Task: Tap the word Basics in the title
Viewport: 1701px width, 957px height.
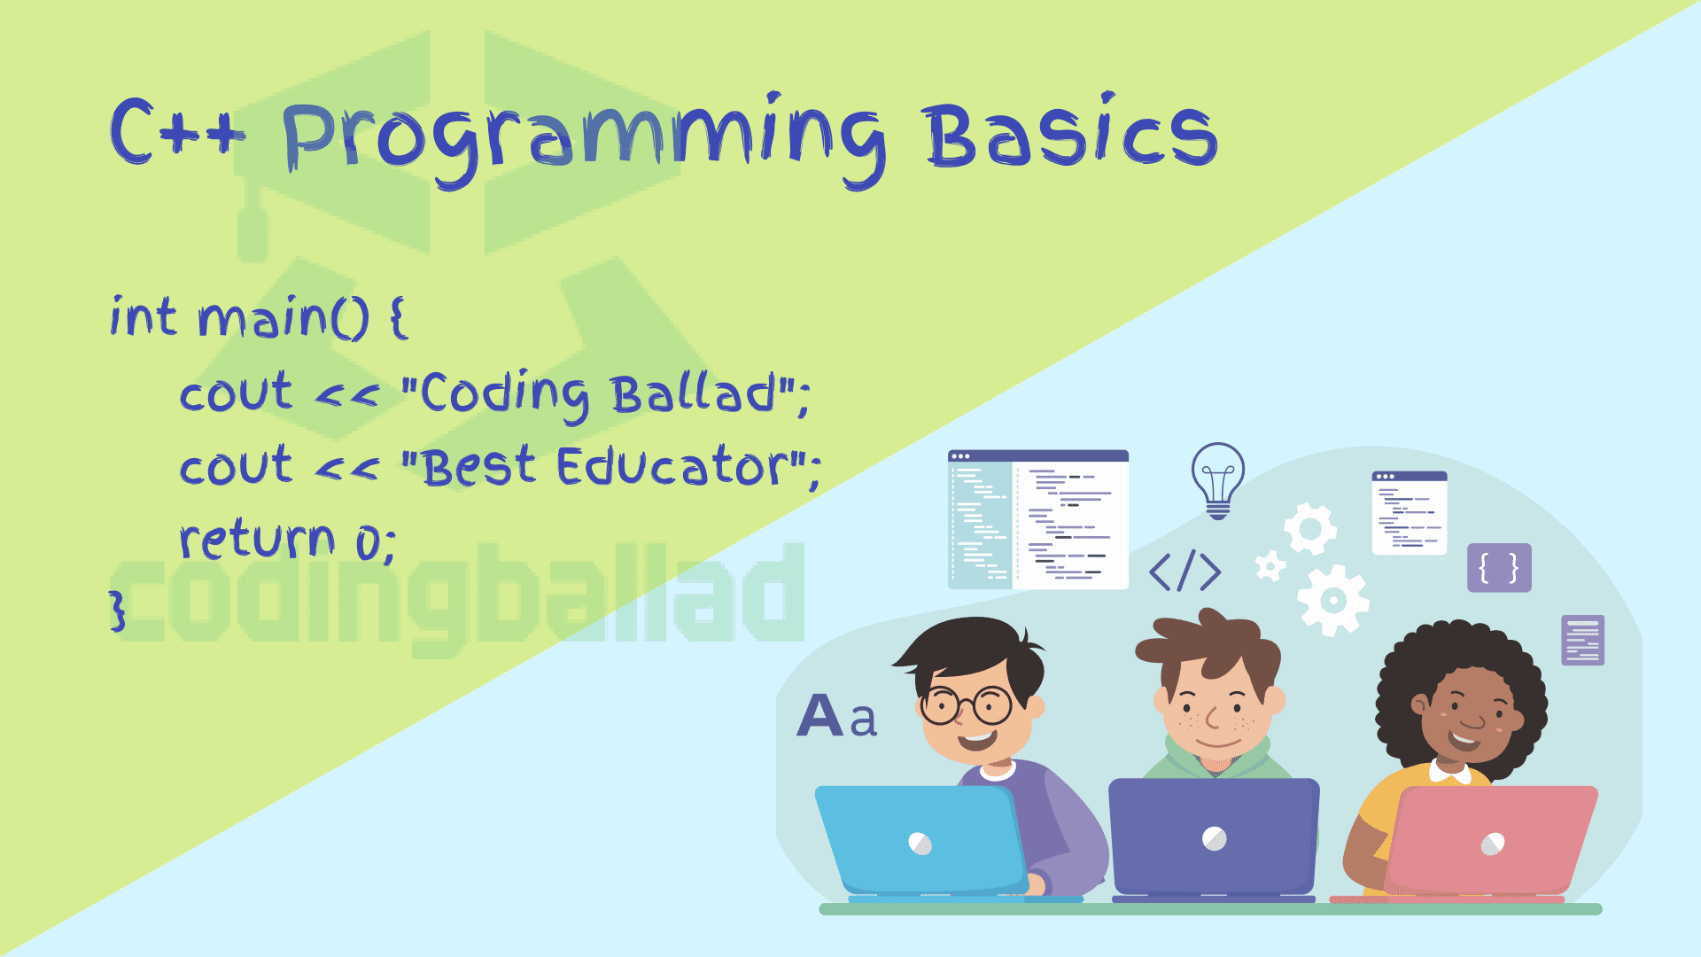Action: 1071,132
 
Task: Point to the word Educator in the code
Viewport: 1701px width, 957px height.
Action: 672,466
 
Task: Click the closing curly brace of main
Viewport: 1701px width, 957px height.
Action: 118,611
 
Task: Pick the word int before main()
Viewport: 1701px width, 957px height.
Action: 143,317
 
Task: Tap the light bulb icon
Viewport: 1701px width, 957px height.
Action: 1218,480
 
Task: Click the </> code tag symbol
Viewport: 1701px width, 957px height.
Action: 1184,571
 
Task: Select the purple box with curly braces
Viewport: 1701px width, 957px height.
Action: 1499,567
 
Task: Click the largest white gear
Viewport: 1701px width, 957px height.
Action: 1333,601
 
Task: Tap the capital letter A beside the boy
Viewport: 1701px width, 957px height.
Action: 820,715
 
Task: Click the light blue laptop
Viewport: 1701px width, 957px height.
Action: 921,840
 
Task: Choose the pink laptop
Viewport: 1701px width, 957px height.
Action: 1492,840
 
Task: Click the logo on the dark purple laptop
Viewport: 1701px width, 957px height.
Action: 1215,838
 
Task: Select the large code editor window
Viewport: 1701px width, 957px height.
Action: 1038,519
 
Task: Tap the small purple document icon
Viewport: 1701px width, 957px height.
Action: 1583,640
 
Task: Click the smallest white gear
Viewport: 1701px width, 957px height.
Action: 1270,565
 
